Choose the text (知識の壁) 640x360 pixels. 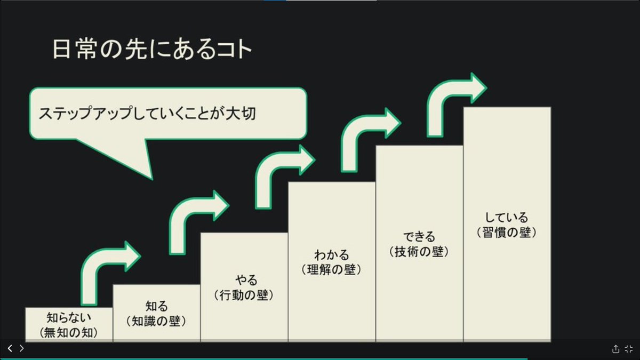click(156, 321)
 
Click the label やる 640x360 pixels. click(244, 280)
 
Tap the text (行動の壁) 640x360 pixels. click(244, 294)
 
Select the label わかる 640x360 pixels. click(332, 255)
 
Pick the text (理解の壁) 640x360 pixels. click(332, 269)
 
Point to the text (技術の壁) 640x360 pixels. click(419, 251)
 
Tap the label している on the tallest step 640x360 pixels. click(507, 218)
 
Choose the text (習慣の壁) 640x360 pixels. click(507, 233)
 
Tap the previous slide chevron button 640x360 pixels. click(10, 348)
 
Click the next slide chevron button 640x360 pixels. click(22, 348)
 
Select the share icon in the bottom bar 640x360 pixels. click(615, 349)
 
